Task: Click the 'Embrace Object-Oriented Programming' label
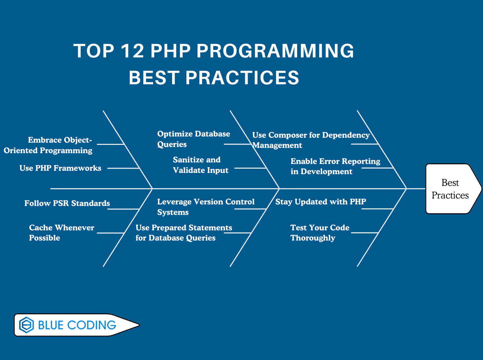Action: [x=48, y=145]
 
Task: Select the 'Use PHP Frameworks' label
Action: [x=60, y=168]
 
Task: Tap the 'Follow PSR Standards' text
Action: [x=67, y=203]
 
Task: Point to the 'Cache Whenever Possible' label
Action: [x=61, y=233]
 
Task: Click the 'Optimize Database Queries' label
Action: [x=193, y=139]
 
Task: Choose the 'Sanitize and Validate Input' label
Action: [x=200, y=165]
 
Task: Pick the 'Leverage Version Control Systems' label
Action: [x=205, y=207]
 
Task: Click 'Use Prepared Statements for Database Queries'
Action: [x=183, y=233]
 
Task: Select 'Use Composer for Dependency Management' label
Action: [x=310, y=140]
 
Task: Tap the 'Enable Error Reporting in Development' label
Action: [x=335, y=166]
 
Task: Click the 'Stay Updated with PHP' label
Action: [x=321, y=202]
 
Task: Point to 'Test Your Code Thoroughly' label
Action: [x=320, y=233]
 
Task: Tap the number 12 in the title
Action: [x=132, y=51]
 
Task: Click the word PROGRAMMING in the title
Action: [x=275, y=51]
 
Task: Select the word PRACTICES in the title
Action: [x=242, y=77]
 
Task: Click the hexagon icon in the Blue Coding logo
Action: [x=27, y=325]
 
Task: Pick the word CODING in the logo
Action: [x=91, y=325]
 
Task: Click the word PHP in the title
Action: [x=170, y=51]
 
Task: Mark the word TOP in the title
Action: [x=94, y=51]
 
